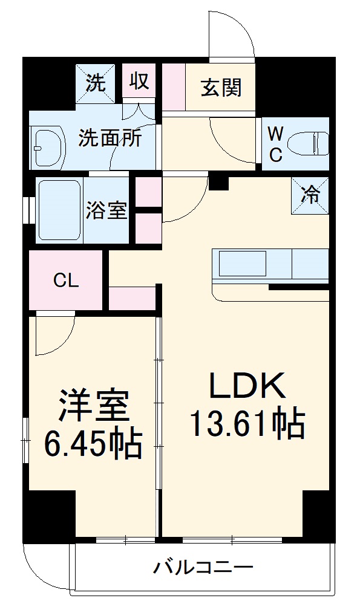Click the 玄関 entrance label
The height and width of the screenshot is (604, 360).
pyautogui.click(x=221, y=88)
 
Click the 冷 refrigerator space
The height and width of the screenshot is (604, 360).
pyautogui.click(x=310, y=195)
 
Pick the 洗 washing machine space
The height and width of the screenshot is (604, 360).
pyautogui.click(x=95, y=83)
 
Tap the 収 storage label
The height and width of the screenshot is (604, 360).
pyautogui.click(x=139, y=81)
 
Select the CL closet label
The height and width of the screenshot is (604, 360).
pyautogui.click(x=66, y=281)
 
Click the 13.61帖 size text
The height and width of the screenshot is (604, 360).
pyautogui.click(x=247, y=424)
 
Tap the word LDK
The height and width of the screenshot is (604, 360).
pyautogui.click(x=247, y=385)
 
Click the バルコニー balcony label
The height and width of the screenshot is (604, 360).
pyautogui.click(x=203, y=567)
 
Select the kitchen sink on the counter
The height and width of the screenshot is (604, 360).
pyautogui.click(x=243, y=263)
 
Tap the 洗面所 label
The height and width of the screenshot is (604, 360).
pyautogui.click(x=110, y=138)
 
